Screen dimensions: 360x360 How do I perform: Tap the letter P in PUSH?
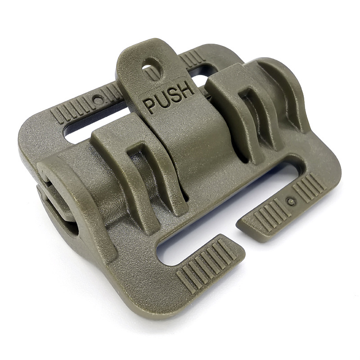[x=150, y=106]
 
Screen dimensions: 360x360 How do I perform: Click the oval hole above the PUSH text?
[x=152, y=69]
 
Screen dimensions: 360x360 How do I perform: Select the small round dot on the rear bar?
[x=98, y=100]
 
